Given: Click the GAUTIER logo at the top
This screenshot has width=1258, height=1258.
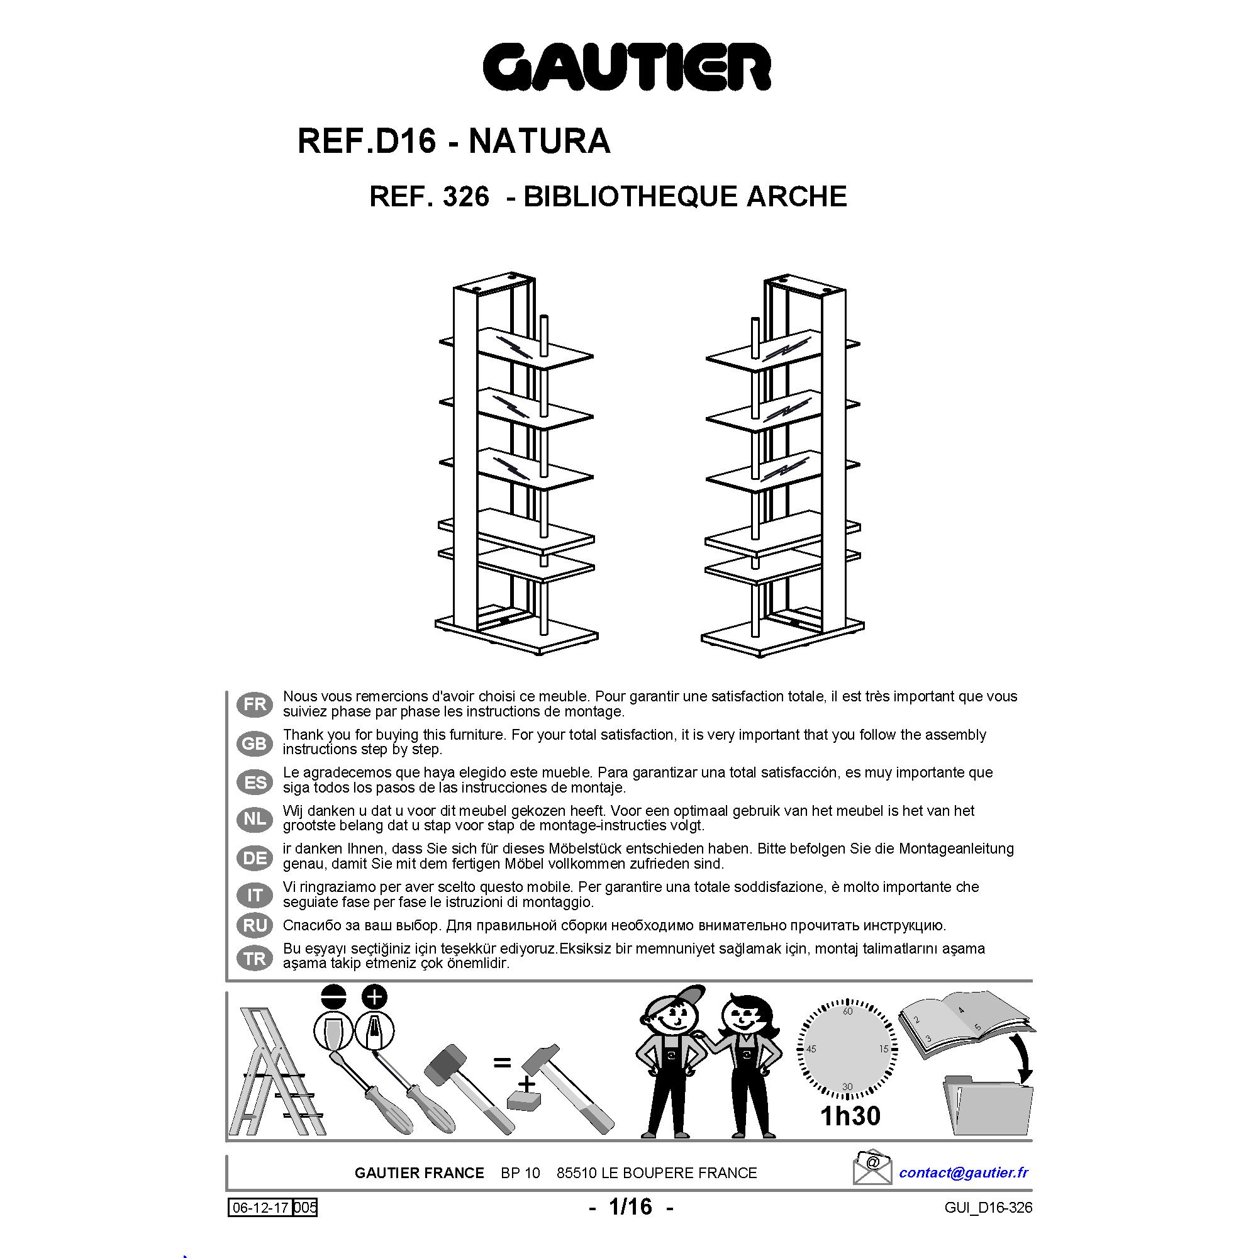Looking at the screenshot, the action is pyautogui.click(x=627, y=67).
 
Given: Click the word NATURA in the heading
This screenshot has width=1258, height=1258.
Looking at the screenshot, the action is pyautogui.click(x=540, y=141).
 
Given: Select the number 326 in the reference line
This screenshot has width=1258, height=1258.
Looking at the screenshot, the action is pyautogui.click(x=465, y=196).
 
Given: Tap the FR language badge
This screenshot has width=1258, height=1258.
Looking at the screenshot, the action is pyautogui.click(x=255, y=704).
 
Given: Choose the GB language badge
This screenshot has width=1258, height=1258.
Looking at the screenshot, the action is pyautogui.click(x=255, y=743).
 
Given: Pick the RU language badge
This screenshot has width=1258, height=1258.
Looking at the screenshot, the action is pyautogui.click(x=255, y=925).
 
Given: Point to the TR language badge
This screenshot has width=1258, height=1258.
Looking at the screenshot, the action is pyautogui.click(x=255, y=959).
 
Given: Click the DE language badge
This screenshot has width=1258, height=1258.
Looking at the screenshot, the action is pyautogui.click(x=255, y=858).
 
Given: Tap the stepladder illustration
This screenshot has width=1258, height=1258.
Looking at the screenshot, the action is pyautogui.click(x=276, y=1072).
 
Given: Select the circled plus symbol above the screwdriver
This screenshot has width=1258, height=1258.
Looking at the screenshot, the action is pyautogui.click(x=374, y=997).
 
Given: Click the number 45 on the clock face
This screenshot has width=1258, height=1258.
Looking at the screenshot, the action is pyautogui.click(x=811, y=1049).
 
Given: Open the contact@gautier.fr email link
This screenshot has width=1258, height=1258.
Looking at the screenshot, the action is pyautogui.click(x=964, y=1172).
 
